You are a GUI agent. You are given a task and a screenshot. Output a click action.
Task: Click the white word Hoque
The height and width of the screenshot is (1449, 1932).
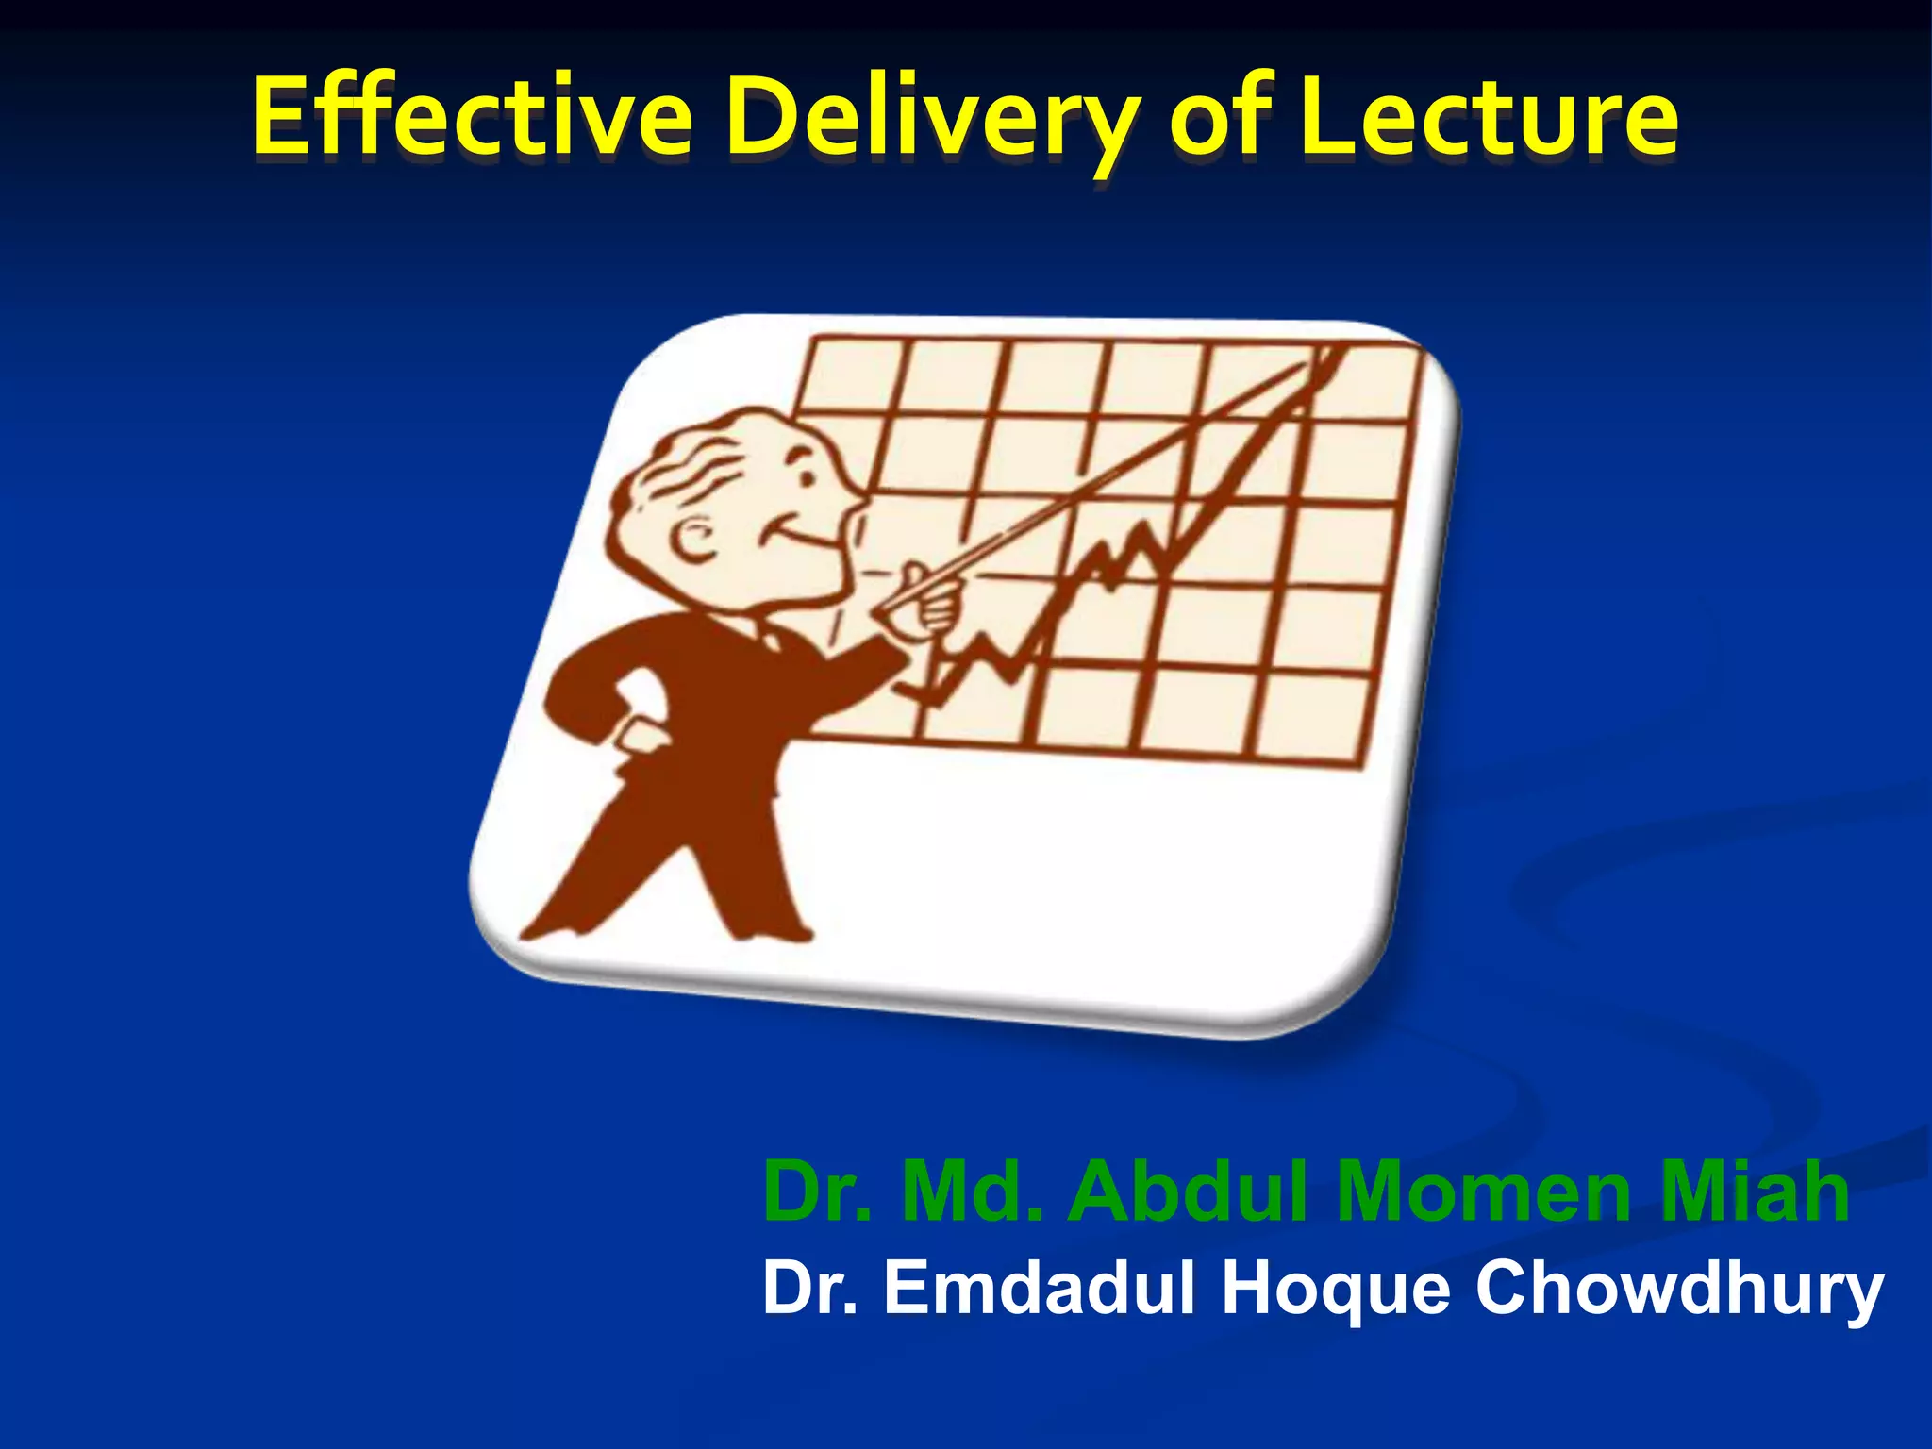click(x=1335, y=1291)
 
